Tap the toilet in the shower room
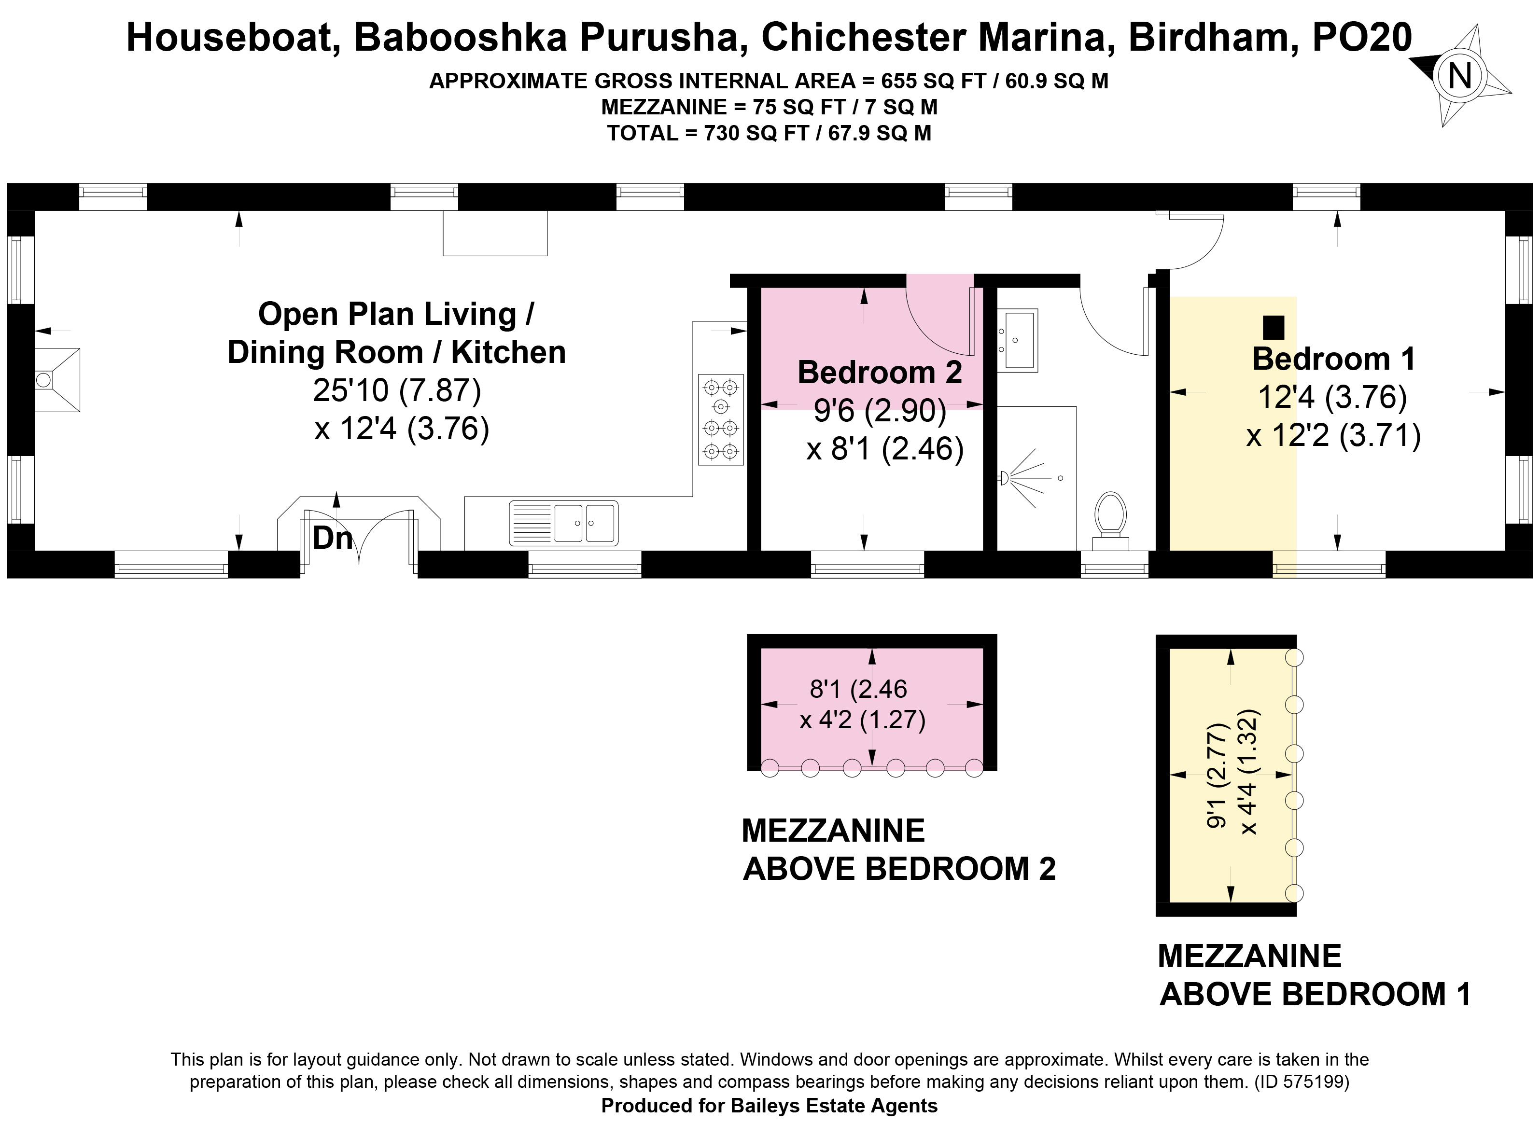pyautogui.click(x=1110, y=521)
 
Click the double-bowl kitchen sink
pyautogui.click(x=563, y=523)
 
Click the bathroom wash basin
pyautogui.click(x=1018, y=340)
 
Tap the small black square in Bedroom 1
pyautogui.click(x=1273, y=327)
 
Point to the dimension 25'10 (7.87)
pyautogui.click(x=397, y=390)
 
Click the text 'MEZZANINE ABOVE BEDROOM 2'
pyautogui.click(x=899, y=850)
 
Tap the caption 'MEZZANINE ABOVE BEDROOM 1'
pyautogui.click(x=1315, y=975)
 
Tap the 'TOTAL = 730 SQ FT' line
pyautogui.click(x=708, y=133)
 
